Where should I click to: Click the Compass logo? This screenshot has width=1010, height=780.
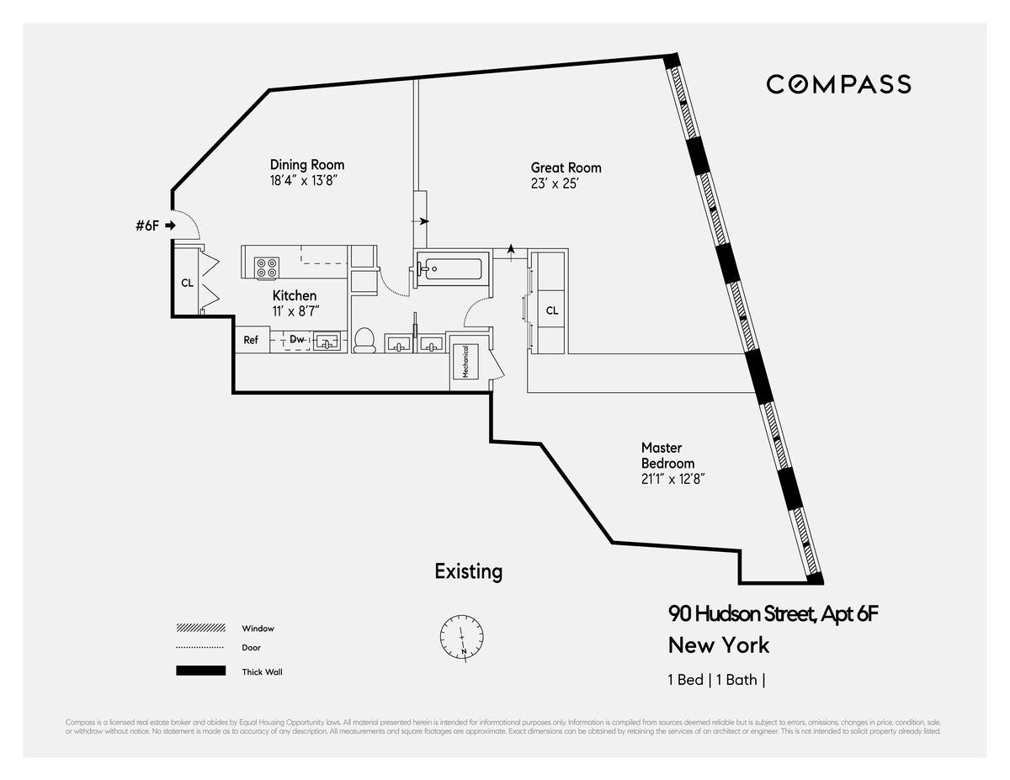pyautogui.click(x=838, y=84)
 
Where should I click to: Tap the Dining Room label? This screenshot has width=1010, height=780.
pyautogui.click(x=306, y=165)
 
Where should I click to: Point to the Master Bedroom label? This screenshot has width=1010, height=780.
pyautogui.click(x=667, y=455)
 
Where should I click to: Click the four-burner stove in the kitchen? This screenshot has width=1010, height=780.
pyautogui.click(x=267, y=268)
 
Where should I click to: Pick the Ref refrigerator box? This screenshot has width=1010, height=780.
pyautogui.click(x=251, y=340)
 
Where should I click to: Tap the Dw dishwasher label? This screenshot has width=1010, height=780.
pyautogui.click(x=297, y=340)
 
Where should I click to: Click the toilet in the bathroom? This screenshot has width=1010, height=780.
pyautogui.click(x=364, y=340)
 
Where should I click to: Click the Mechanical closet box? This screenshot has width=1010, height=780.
pyautogui.click(x=465, y=361)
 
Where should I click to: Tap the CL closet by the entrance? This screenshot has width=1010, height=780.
pyautogui.click(x=187, y=283)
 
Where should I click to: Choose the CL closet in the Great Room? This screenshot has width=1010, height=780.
pyautogui.click(x=551, y=310)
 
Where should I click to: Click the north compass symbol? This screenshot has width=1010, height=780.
pyautogui.click(x=462, y=637)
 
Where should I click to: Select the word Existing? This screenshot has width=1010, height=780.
pyautogui.click(x=468, y=571)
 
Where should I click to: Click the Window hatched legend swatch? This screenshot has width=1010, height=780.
pyautogui.click(x=200, y=628)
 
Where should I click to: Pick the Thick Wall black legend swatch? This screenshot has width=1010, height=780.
pyautogui.click(x=200, y=671)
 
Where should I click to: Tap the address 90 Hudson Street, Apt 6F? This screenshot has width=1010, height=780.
pyautogui.click(x=773, y=613)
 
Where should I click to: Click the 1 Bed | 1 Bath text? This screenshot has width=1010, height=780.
pyautogui.click(x=716, y=680)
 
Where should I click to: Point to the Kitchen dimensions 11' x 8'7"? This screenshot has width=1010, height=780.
pyautogui.click(x=295, y=311)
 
